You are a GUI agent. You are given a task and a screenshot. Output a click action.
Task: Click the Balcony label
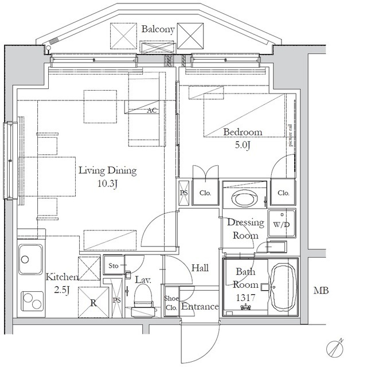point(158,29)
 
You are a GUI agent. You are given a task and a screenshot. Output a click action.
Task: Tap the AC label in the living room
point(152,110)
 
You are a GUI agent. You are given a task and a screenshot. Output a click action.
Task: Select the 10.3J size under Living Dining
point(107,183)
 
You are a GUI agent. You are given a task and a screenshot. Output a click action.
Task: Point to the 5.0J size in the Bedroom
point(243,145)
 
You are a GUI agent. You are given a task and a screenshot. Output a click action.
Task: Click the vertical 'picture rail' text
point(291,135)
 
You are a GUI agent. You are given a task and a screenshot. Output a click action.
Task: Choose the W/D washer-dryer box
point(282,223)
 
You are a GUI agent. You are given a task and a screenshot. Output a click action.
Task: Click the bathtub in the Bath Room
point(283,287)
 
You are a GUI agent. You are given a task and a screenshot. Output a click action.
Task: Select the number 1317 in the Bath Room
point(245,298)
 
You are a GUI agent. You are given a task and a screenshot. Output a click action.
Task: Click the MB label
point(321,291)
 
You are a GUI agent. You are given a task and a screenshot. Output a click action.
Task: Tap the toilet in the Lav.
point(143,302)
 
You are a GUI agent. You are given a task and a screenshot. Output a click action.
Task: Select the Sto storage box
point(114,265)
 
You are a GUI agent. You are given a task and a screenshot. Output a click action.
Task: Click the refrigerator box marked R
point(93,302)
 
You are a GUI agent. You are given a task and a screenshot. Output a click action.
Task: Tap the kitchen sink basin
point(30,259)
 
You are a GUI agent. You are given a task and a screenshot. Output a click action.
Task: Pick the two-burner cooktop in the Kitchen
point(32,301)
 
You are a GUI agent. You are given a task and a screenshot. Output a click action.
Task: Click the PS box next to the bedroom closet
point(183,193)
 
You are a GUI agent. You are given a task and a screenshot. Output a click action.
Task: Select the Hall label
point(200,268)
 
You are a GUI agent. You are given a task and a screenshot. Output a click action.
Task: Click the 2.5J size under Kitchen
point(62,290)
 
